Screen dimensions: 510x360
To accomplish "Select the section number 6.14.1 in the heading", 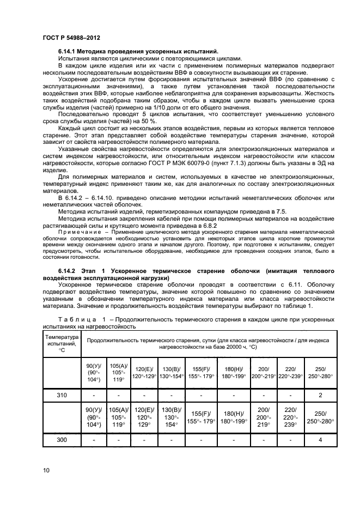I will point(70,51).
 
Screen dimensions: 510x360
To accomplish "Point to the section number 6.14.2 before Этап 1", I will point(70,271).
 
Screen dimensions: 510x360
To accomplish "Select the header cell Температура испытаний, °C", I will point(61,343).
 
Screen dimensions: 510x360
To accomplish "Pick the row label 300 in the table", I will point(61,439).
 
